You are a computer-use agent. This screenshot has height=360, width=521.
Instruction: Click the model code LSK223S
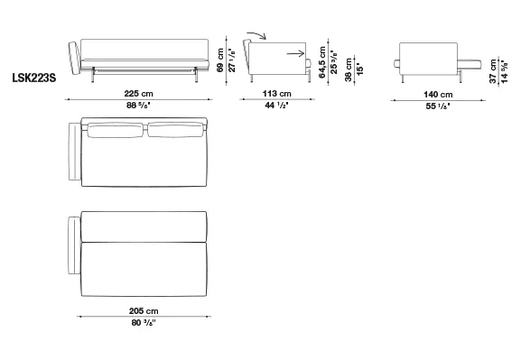point(34,78)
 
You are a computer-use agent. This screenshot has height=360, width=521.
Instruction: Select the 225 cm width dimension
point(138,94)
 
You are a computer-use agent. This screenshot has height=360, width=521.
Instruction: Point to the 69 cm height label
point(220,60)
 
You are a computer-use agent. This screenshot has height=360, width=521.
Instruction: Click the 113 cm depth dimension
point(277,94)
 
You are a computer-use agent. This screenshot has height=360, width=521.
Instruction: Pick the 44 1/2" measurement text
point(276,106)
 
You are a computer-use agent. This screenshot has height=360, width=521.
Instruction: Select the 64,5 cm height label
point(322,62)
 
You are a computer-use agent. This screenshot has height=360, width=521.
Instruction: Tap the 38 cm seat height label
point(349,69)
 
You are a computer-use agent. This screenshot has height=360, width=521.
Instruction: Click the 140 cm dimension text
point(438,95)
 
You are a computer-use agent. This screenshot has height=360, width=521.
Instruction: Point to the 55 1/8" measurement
point(438,106)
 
